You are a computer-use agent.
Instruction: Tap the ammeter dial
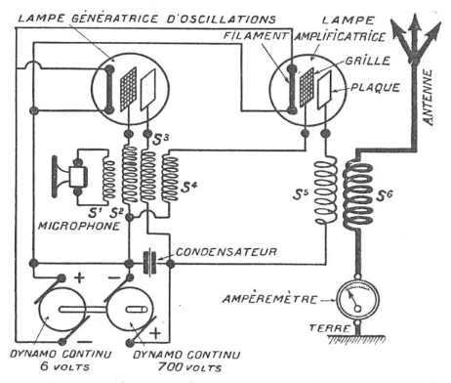pyautogui.click(x=357, y=299)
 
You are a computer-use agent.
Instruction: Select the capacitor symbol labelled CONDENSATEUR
pyautogui.click(x=150, y=263)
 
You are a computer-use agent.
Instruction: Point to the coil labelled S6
pyautogui.click(x=357, y=194)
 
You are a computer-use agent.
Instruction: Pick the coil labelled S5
pyautogui.click(x=325, y=191)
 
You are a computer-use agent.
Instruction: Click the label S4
pyautogui.click(x=189, y=187)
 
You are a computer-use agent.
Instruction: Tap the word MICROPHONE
pyautogui.click(x=79, y=226)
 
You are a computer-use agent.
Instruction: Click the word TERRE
pyautogui.click(x=329, y=328)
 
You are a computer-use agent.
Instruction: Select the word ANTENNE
pyautogui.click(x=428, y=97)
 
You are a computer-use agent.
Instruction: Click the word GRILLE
pyautogui.click(x=368, y=61)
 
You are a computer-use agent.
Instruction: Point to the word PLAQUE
pyautogui.click(x=375, y=88)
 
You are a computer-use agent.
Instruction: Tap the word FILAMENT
pyautogui.click(x=256, y=35)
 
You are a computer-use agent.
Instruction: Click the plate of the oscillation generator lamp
pyautogui.click(x=148, y=90)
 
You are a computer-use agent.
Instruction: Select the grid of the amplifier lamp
pyautogui.click(x=307, y=87)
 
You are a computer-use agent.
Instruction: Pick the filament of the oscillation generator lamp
pyautogui.click(x=109, y=90)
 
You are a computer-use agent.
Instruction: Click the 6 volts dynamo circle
pyautogui.click(x=62, y=310)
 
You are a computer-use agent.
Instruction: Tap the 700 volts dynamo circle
pyautogui.click(x=131, y=310)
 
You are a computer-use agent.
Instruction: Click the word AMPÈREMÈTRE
pyautogui.click(x=269, y=299)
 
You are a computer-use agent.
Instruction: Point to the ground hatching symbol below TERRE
pyautogui.click(x=356, y=339)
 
